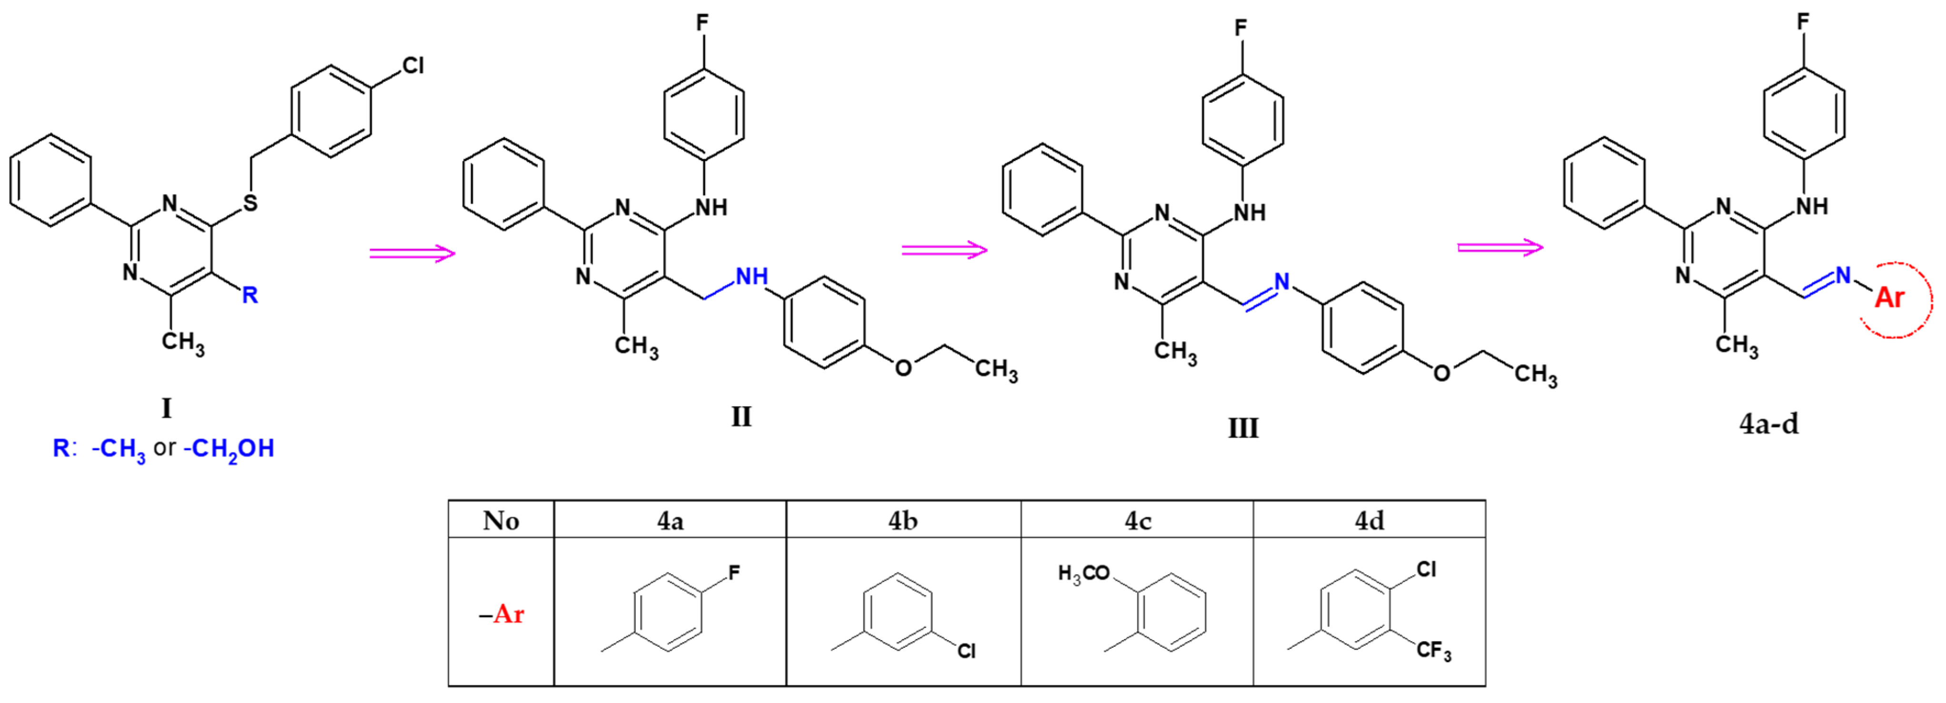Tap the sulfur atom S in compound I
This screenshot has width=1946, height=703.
tap(250, 202)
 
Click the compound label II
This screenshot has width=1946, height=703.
tap(741, 416)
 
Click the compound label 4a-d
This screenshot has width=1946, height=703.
tap(1768, 424)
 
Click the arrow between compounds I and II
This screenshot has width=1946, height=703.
tap(413, 252)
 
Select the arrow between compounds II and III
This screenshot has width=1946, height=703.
tap(944, 250)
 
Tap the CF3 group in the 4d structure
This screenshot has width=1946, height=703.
tap(1433, 650)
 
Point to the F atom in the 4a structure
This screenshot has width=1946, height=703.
tap(733, 573)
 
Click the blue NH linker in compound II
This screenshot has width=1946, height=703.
tap(751, 277)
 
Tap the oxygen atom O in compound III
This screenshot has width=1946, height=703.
tap(1442, 372)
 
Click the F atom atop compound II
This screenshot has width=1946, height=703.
tap(702, 23)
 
